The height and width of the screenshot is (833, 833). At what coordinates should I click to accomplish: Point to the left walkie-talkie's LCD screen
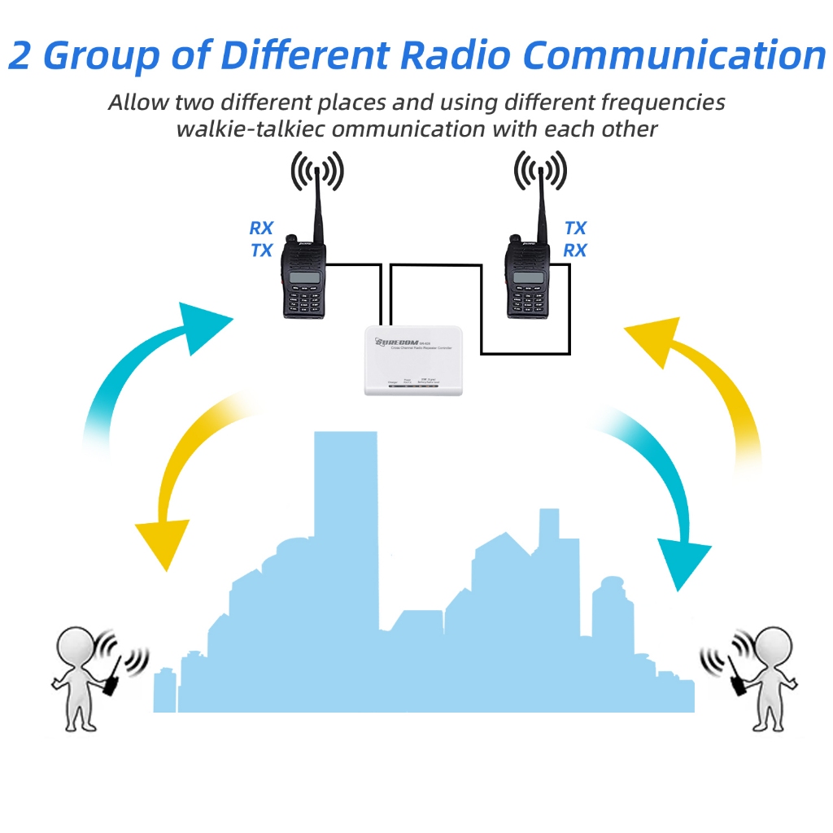303,277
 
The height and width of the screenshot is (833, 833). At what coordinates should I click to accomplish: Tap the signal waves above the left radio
317,172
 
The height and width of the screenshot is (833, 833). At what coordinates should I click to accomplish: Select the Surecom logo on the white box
395,342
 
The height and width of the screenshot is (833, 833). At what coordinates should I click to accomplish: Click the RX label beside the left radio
261,229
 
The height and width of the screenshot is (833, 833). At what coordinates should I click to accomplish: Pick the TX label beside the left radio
261,251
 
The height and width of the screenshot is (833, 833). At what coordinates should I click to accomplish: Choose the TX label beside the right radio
575,229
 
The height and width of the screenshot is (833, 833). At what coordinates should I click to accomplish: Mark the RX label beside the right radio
575,251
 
